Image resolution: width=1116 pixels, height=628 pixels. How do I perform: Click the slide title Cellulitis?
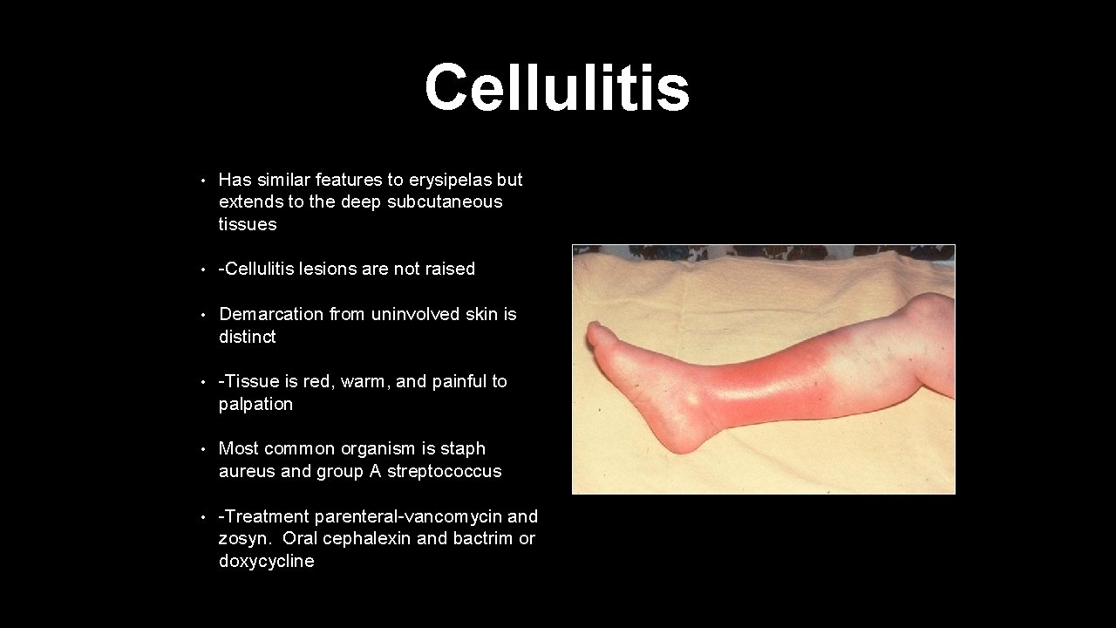[x=556, y=88]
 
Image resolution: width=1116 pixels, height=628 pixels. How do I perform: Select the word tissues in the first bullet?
[x=248, y=224]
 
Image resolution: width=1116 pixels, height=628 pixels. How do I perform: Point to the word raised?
[x=450, y=269]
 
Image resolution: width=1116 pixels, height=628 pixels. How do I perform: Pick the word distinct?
[x=247, y=337]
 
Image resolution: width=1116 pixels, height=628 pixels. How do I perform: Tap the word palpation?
[x=255, y=404]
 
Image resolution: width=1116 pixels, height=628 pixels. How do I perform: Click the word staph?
[x=463, y=448]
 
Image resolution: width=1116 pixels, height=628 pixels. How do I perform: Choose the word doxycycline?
[x=266, y=561]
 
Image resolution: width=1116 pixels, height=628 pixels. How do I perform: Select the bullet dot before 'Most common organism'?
[x=201, y=449]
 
